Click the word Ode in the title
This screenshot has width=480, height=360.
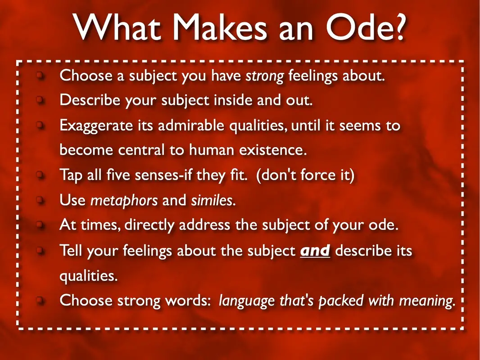click(x=366, y=27)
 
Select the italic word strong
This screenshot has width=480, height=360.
click(x=265, y=76)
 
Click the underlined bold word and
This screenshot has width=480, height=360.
click(x=315, y=251)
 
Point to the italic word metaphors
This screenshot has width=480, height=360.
click(x=124, y=201)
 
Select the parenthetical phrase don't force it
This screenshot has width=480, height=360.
click(x=305, y=175)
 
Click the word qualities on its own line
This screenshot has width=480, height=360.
click(x=88, y=276)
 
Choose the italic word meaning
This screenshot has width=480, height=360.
click(x=427, y=301)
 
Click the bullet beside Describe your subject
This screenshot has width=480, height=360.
click(x=40, y=100)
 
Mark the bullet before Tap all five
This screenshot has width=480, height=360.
click(x=40, y=175)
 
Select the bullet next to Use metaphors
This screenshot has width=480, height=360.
click(x=40, y=200)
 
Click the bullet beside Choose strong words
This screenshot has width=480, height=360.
click(x=40, y=300)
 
